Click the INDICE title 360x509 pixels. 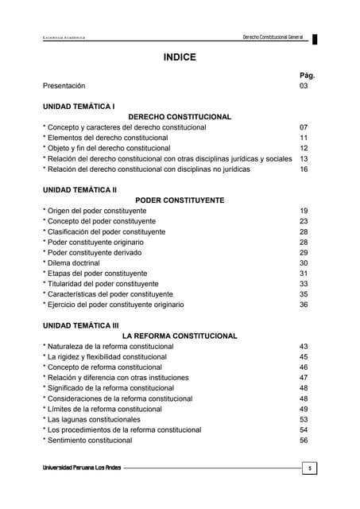179,57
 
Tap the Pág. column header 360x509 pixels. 308,76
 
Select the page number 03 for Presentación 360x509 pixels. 304,86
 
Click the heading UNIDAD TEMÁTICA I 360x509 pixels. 79,106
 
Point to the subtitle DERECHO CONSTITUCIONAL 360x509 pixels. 180,117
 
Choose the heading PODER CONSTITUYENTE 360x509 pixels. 180,200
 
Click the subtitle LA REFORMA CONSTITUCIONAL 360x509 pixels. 180,336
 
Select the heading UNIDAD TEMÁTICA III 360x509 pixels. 81,325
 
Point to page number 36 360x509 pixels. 304,305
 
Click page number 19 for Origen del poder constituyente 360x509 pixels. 304,211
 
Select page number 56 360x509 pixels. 304,440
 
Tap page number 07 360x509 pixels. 304,127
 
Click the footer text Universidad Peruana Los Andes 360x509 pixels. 82,468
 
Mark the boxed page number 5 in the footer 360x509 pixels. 309,468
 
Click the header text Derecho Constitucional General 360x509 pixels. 273,38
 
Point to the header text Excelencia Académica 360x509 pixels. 64,39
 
